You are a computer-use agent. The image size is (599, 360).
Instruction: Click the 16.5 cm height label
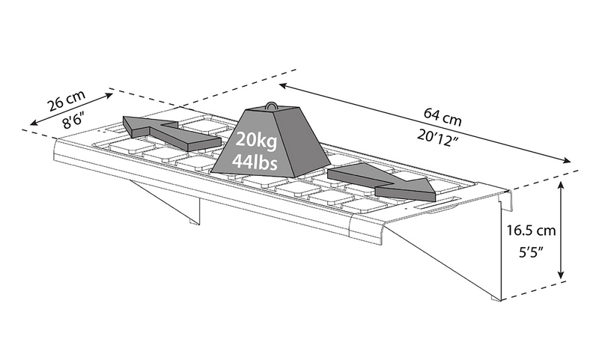529,230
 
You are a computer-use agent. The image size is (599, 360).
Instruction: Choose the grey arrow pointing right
383,183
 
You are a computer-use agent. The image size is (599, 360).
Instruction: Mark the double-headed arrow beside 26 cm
72,111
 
